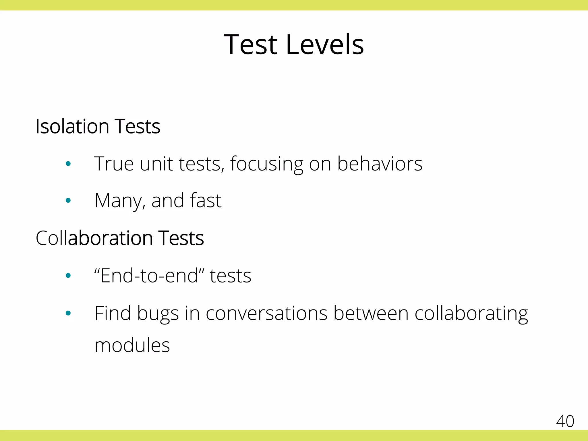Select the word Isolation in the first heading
[72, 126]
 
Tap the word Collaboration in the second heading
[94, 238]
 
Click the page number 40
[565, 421]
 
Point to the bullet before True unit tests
[68, 164]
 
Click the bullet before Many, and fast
[68, 200]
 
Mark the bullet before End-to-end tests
[68, 276]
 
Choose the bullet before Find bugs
[68, 313]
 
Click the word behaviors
[380, 164]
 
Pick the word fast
[206, 200]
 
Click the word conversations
[266, 313]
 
